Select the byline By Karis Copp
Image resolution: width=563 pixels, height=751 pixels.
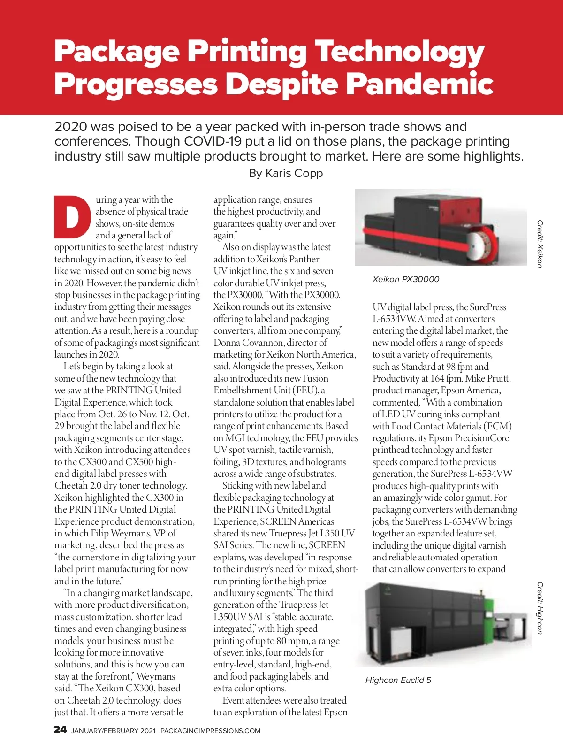pyautogui.click(x=286, y=173)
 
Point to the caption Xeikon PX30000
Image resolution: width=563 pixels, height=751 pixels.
pyautogui.click(x=406, y=279)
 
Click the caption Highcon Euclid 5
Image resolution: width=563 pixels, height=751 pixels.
pyautogui.click(x=398, y=680)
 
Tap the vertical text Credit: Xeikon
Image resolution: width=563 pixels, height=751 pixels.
pyautogui.click(x=540, y=244)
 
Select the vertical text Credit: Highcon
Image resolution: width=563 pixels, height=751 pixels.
pyautogui.click(x=540, y=608)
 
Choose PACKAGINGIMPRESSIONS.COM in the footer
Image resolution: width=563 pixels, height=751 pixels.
pyautogui.click(x=210, y=731)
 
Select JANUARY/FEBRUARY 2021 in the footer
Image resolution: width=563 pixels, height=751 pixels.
pyautogui.click(x=113, y=731)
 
